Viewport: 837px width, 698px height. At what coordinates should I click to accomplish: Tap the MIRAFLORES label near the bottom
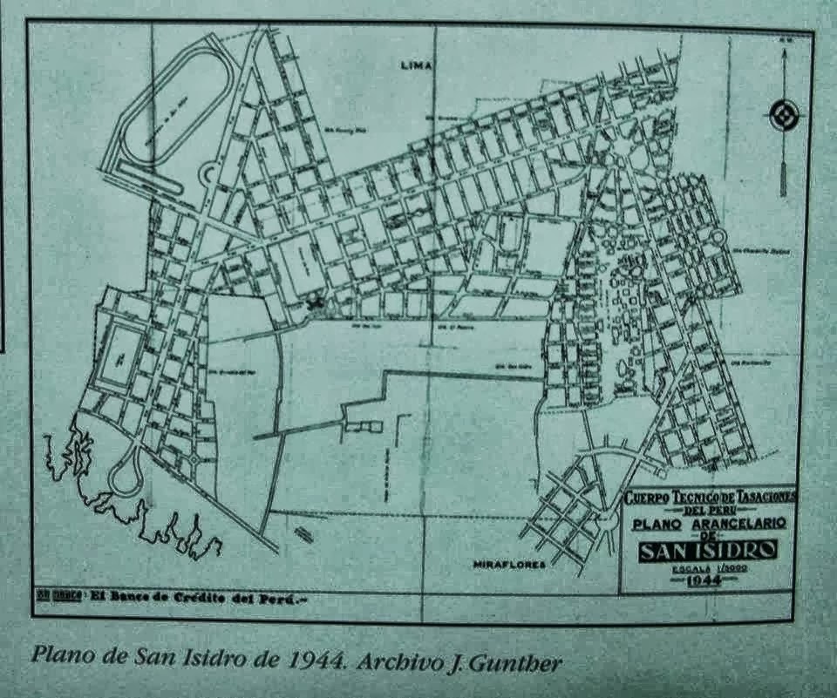click(x=509, y=565)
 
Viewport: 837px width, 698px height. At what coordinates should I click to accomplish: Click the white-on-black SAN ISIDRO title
click(x=708, y=551)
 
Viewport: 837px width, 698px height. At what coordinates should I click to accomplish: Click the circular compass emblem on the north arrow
click(x=784, y=115)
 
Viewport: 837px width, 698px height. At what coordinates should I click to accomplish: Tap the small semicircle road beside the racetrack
click(x=208, y=175)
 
